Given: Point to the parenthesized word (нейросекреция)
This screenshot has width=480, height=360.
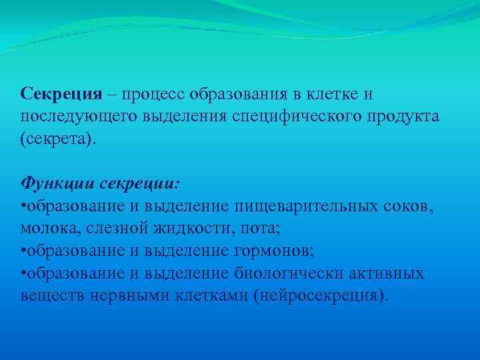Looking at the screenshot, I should click(x=320, y=295).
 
